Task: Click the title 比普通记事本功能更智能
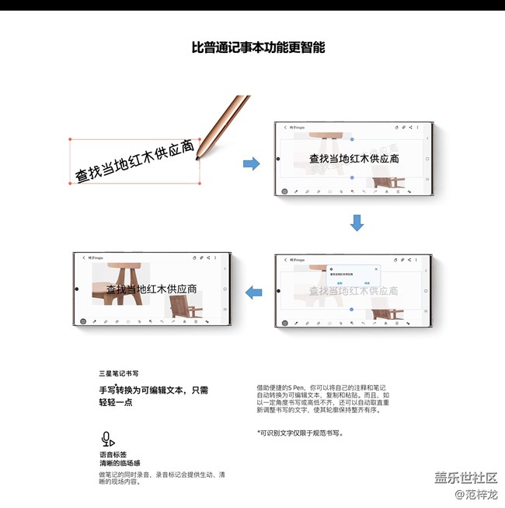pos(258,47)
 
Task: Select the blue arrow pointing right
pos(251,163)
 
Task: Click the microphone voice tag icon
pos(107,438)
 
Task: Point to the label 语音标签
pos(113,454)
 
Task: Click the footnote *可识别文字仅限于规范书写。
pos(299,433)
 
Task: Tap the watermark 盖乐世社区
pos(465,478)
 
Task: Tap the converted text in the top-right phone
pos(353,158)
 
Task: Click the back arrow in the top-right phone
pos(285,127)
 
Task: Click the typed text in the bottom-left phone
pos(151,289)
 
